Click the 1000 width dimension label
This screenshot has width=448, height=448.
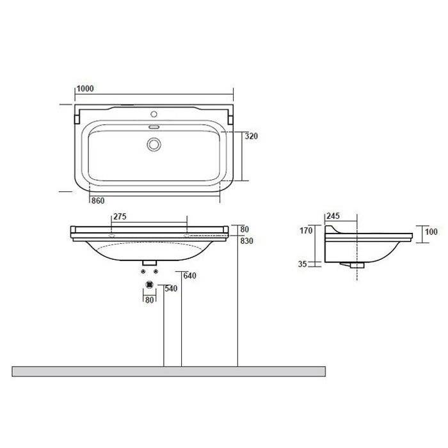click(85, 88)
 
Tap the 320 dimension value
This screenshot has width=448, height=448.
click(251, 136)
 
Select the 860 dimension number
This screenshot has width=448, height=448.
click(98, 200)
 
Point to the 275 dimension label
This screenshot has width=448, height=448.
click(120, 216)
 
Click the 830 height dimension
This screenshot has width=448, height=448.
click(246, 241)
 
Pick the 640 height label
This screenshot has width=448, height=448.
click(189, 276)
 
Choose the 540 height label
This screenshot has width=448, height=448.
click(171, 289)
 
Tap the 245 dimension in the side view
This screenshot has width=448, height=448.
click(333, 216)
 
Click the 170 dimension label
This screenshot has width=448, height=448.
click(306, 230)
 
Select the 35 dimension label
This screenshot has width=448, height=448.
click(302, 264)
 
